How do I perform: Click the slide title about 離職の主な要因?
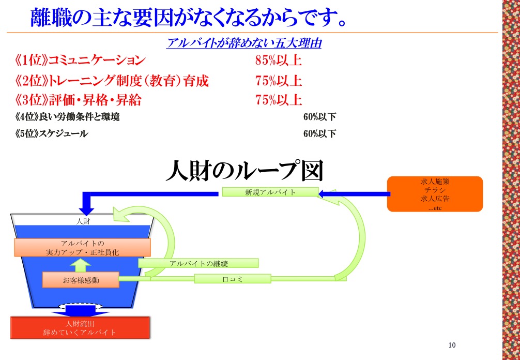[188, 17]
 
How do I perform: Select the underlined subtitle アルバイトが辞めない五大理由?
[244, 43]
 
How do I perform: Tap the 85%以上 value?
[278, 61]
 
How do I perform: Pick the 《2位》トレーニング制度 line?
[112, 81]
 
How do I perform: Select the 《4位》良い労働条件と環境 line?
[67, 117]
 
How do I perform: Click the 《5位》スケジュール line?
[51, 134]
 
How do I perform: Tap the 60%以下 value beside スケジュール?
[319, 134]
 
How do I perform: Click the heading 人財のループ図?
[244, 171]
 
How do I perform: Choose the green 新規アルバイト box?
[270, 192]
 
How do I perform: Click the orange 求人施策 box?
[435, 194]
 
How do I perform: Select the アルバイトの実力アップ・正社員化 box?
[82, 248]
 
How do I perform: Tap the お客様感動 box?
[81, 280]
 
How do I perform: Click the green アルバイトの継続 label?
[198, 263]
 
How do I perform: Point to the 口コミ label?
[233, 279]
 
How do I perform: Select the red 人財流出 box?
[80, 327]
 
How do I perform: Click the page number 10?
[452, 345]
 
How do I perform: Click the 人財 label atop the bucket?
[83, 221]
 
